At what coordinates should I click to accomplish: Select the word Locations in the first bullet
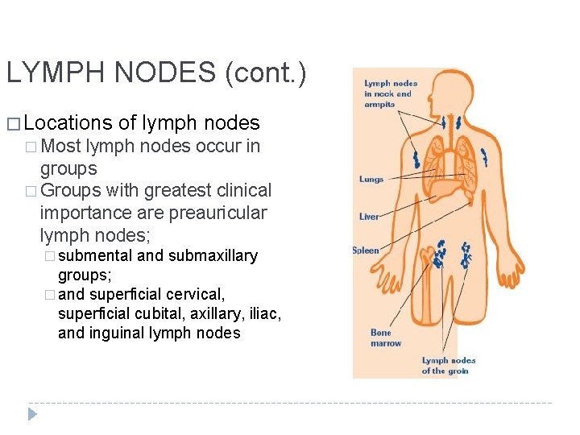coord(68,123)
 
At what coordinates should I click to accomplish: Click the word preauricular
coord(220,213)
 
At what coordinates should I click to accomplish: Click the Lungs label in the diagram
coord(371,179)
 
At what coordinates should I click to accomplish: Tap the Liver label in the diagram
coord(369,217)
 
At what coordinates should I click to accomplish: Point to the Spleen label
coord(366,251)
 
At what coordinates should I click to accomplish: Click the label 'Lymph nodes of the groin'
coord(448,366)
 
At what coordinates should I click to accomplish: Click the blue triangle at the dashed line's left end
coord(32,414)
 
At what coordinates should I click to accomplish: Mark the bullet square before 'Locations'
coord(12,124)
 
